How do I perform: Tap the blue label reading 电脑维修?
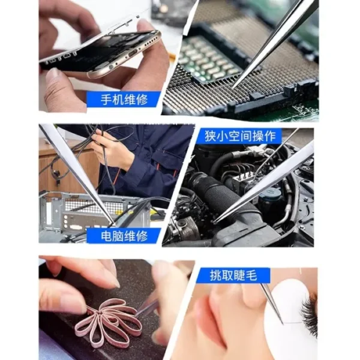click(x=124, y=236)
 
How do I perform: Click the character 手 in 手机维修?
click(x=101, y=99)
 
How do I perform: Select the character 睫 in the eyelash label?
click(x=244, y=275)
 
